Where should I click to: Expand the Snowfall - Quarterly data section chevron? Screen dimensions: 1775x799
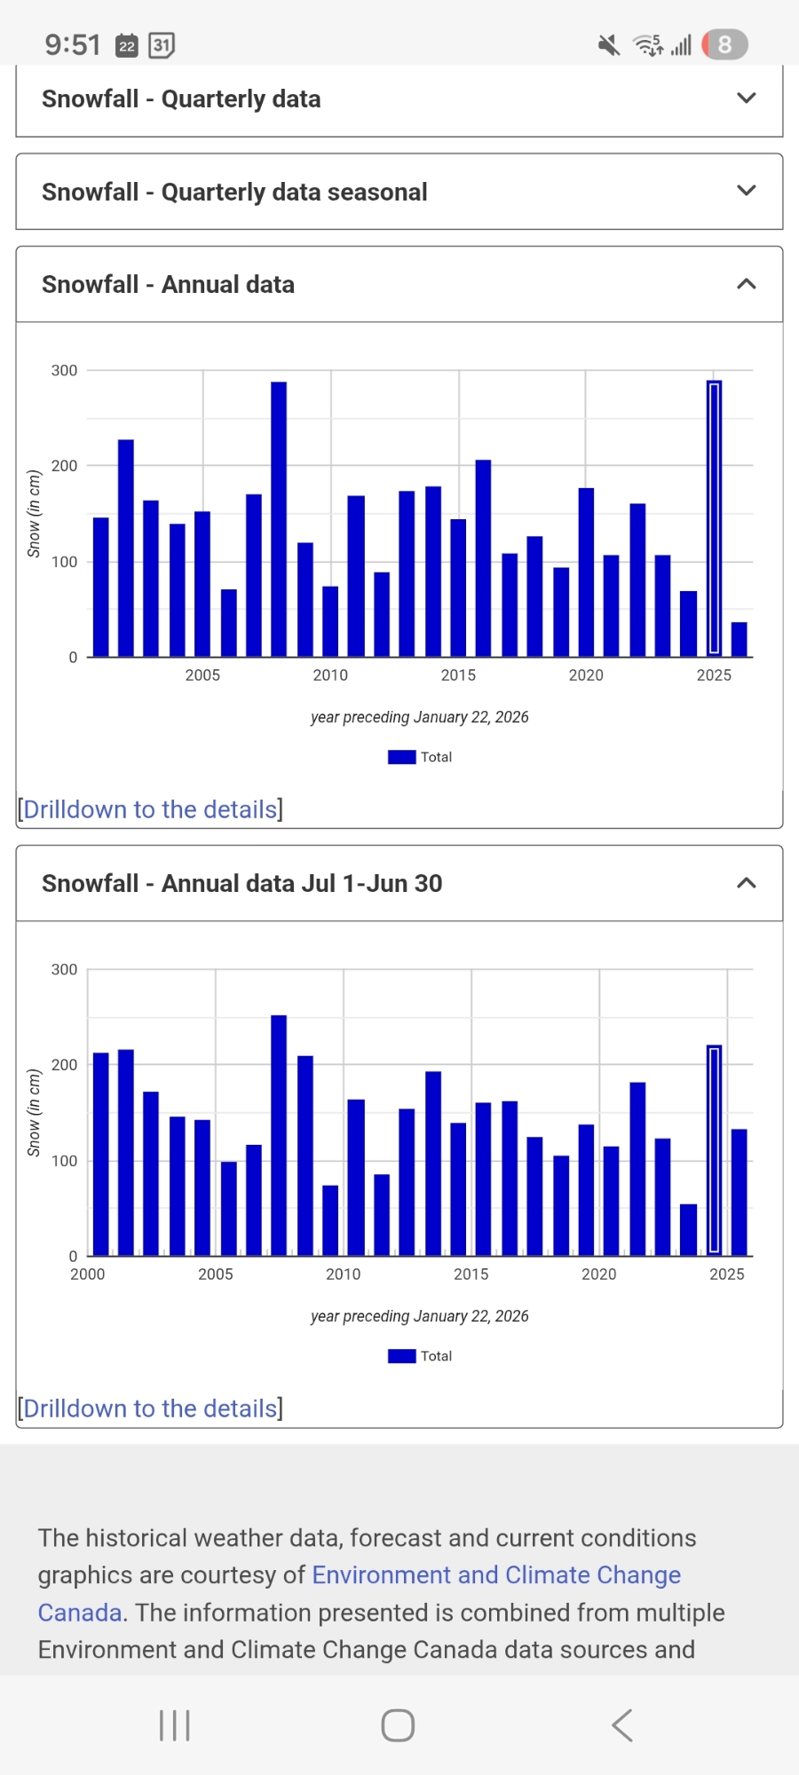pyautogui.click(x=747, y=99)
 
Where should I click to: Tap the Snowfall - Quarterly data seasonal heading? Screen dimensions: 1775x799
pyautogui.click(x=234, y=192)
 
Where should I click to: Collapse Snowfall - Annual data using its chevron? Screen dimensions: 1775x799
pyautogui.click(x=747, y=284)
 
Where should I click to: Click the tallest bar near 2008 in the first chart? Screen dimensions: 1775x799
pyautogui.click(x=279, y=519)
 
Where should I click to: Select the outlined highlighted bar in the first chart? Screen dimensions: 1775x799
pyautogui.click(x=714, y=519)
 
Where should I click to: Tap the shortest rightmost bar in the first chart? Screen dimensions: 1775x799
pyautogui.click(x=739, y=640)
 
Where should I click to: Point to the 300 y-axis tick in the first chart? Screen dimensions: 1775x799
pyautogui.click(x=64, y=370)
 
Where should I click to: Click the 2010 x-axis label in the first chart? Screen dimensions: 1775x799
pyautogui.click(x=330, y=675)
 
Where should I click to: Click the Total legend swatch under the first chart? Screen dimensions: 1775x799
pyautogui.click(x=401, y=757)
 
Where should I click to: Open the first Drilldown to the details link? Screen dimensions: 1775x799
pyautogui.click(x=150, y=809)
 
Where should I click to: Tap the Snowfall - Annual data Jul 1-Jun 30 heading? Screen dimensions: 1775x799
pyautogui.click(x=241, y=883)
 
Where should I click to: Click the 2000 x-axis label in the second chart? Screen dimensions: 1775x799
pyautogui.click(x=87, y=1274)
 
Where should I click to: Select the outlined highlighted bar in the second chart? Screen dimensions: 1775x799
pyautogui.click(x=714, y=1151)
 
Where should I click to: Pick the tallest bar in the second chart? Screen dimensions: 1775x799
pyautogui.click(x=279, y=1135)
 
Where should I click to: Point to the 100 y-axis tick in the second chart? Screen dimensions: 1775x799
pyautogui.click(x=64, y=1161)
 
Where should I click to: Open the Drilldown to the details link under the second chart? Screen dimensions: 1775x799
pyautogui.click(x=150, y=1408)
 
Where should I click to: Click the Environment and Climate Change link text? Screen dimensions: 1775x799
pyautogui.click(x=496, y=1574)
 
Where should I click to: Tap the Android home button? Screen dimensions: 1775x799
pyautogui.click(x=398, y=1725)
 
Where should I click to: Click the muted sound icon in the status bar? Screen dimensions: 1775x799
pyautogui.click(x=609, y=44)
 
